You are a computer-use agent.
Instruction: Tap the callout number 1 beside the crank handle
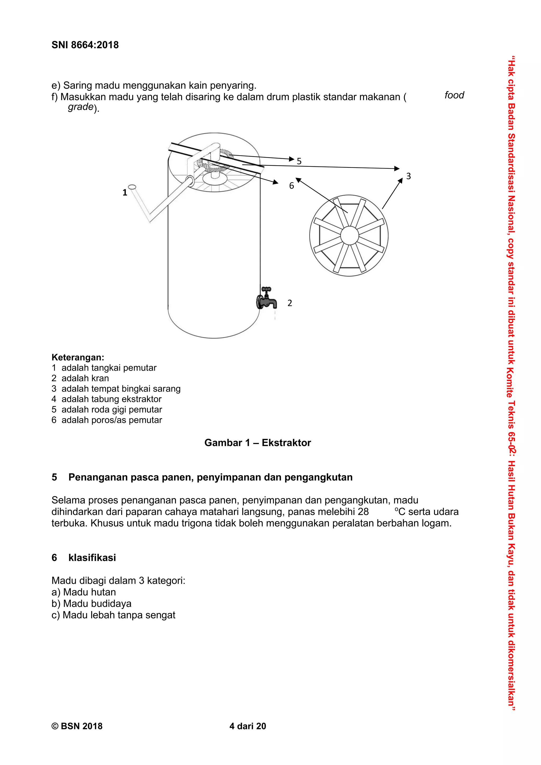pos(125,193)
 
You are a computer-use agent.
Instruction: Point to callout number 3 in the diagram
pos(408,176)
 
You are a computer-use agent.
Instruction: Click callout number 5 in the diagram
pos(299,161)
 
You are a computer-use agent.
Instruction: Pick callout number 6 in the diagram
pos(291,186)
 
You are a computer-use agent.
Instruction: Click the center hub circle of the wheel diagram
pos(349,235)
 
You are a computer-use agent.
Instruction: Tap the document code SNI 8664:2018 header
pos(85,45)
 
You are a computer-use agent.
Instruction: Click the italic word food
pos(454,95)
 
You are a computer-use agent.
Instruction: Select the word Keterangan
pos(78,357)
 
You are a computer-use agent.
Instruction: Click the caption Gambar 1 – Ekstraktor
pos(257,442)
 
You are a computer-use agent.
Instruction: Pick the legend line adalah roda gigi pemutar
pos(112,409)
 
